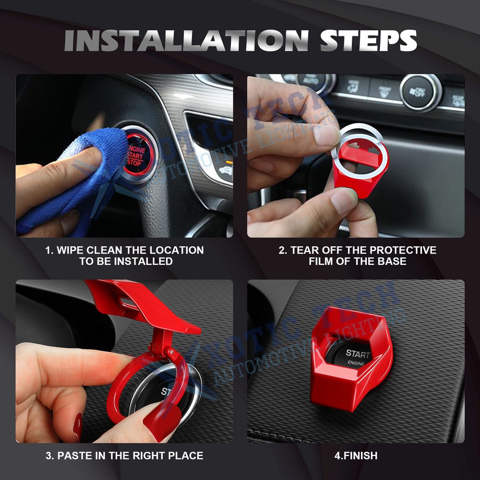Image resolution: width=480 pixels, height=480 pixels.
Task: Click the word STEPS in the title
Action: [369, 40]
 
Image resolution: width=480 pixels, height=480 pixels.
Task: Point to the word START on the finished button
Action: [358, 354]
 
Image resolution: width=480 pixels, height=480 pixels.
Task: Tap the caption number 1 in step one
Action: [48, 250]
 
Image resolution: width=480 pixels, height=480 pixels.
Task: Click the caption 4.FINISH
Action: [356, 456]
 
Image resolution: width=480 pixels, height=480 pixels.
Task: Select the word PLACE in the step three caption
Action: [187, 456]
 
